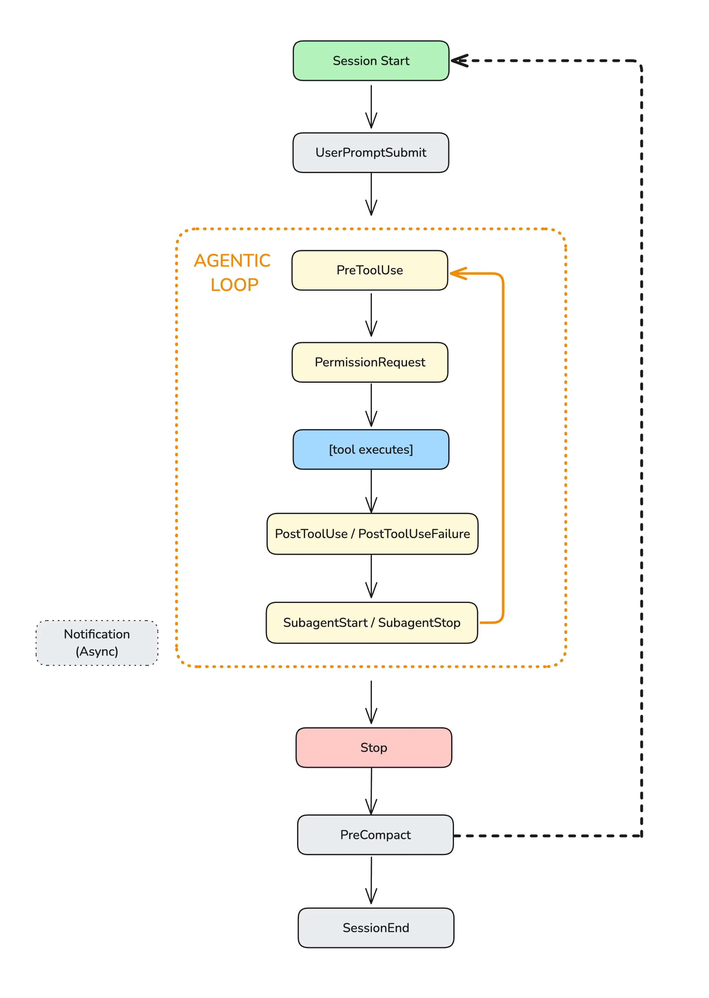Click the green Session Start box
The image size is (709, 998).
tap(371, 61)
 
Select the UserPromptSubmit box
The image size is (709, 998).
tap(371, 152)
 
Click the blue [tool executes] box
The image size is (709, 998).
tap(371, 449)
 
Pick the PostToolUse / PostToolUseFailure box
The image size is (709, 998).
tap(372, 534)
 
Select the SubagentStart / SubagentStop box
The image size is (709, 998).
tap(372, 622)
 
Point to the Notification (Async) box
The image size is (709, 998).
tap(97, 643)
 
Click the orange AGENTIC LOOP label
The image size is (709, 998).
tap(233, 273)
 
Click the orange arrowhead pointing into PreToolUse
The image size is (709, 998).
tap(457, 273)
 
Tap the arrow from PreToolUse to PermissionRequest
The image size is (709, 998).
tap(371, 315)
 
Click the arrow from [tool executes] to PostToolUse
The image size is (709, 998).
tap(371, 491)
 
